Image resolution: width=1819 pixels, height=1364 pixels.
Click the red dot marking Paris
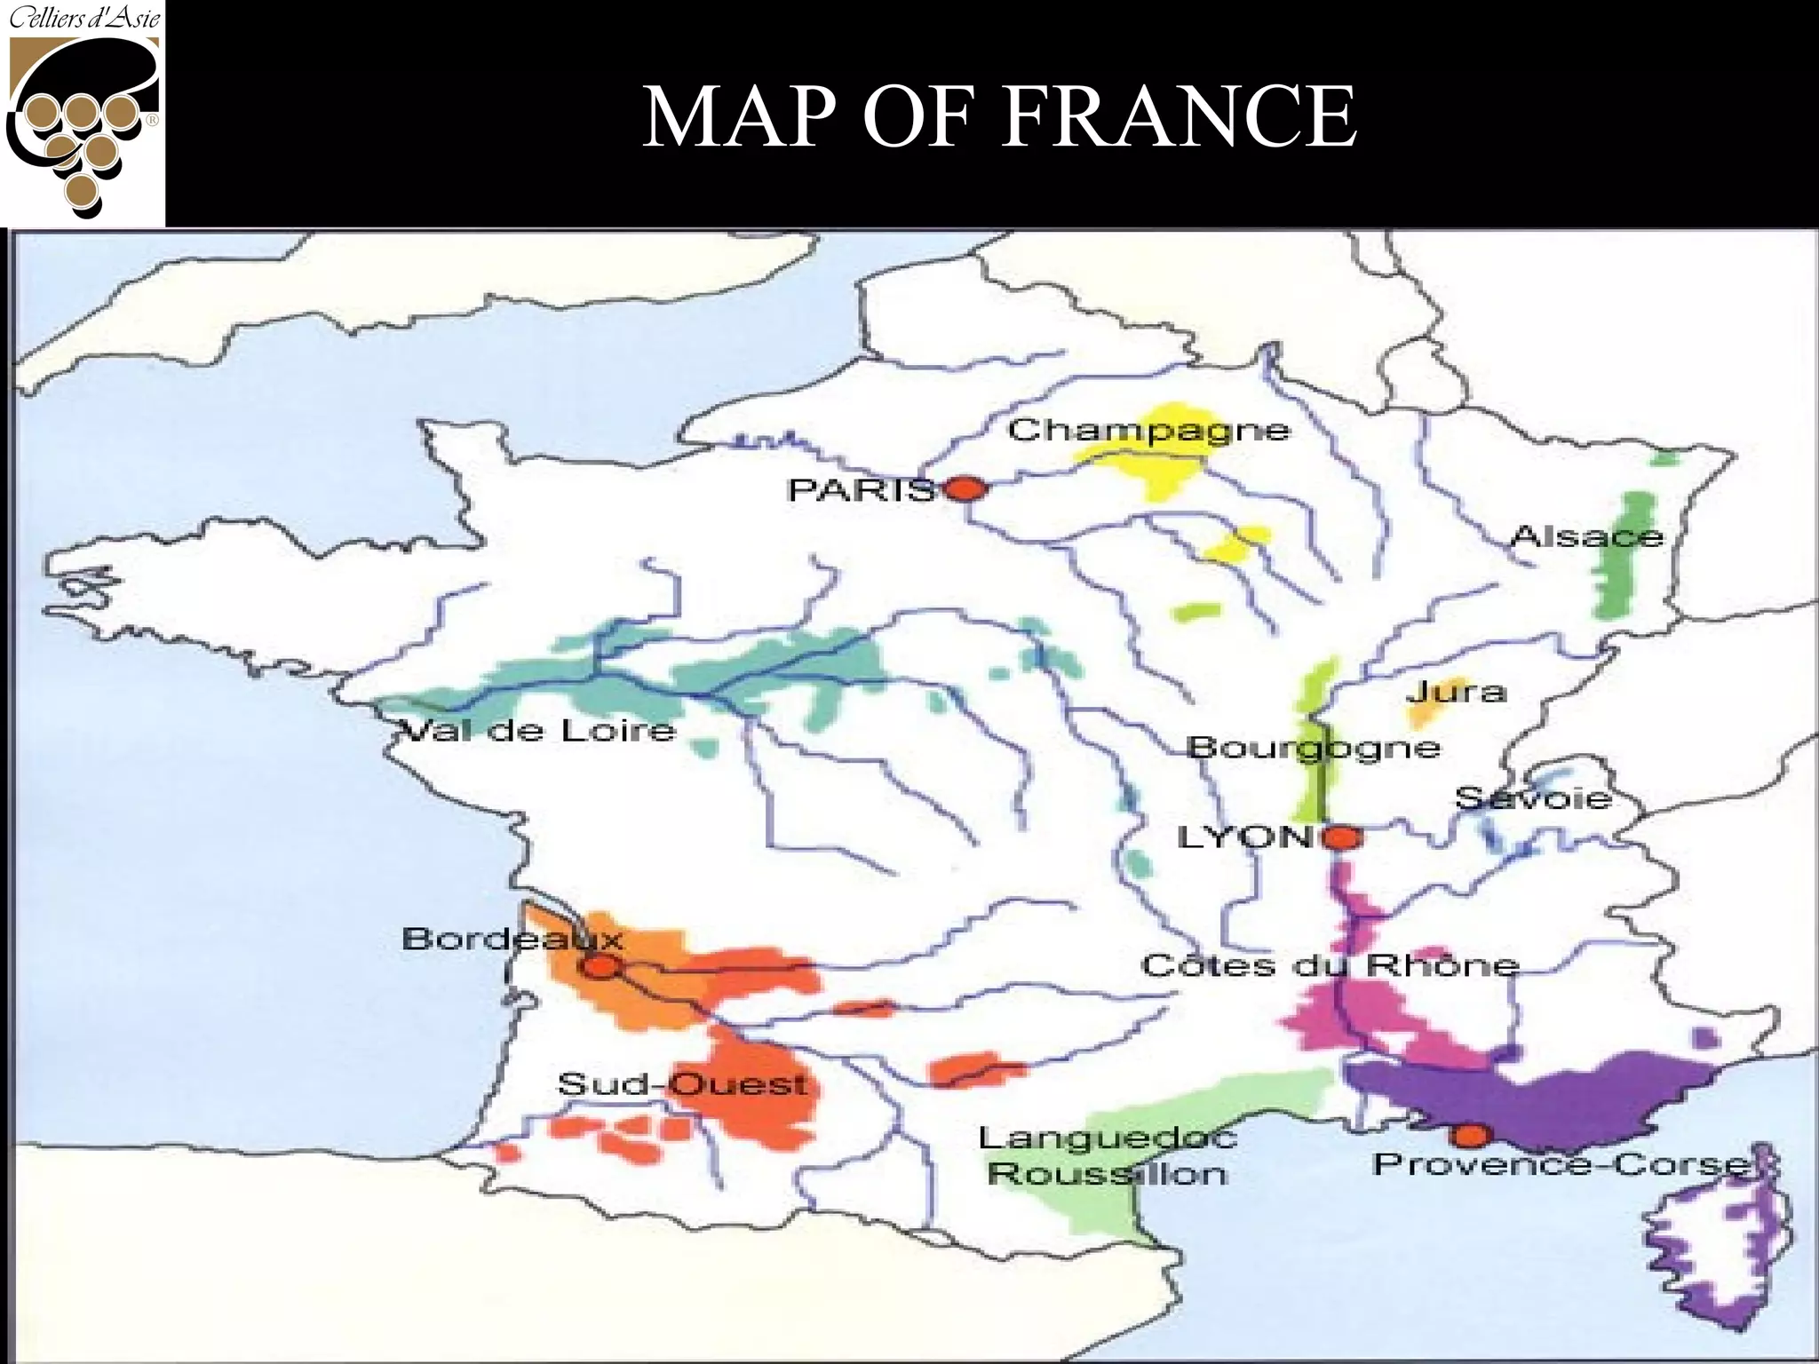coord(966,488)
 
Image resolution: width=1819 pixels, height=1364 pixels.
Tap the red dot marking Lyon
coord(1343,837)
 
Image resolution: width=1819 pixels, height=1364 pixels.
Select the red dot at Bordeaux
coord(600,967)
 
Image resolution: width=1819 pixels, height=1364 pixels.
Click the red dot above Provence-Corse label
coord(1470,1135)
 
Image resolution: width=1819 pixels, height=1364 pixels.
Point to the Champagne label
coord(1148,431)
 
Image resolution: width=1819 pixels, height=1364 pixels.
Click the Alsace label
coord(1586,537)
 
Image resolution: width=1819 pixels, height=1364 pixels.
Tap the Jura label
coord(1457,692)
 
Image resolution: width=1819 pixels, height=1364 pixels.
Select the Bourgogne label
coord(1313,747)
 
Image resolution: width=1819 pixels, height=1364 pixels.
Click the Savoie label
coord(1533,798)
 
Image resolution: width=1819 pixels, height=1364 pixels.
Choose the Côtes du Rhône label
coord(1330,965)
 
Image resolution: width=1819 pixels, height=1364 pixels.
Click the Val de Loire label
coord(536,731)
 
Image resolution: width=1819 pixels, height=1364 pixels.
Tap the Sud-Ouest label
coord(682,1084)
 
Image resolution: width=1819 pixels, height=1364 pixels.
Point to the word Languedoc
coord(1108,1138)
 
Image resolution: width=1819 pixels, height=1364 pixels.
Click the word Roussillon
coord(1107,1174)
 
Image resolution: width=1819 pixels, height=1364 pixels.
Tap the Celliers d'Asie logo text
coord(84,18)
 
